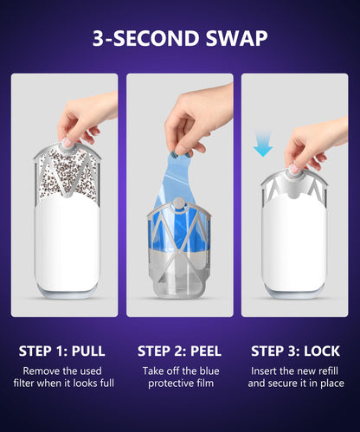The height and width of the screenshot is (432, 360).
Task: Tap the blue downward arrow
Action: (x=263, y=144)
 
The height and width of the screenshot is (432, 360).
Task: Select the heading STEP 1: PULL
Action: (x=61, y=351)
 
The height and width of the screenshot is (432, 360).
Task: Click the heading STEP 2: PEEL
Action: (x=179, y=351)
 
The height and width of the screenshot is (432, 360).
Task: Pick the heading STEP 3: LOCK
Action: (x=295, y=351)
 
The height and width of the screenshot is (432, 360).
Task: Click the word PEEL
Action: (x=206, y=351)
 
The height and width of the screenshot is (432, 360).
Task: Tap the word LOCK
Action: (x=322, y=351)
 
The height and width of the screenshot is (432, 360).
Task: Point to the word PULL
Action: (x=88, y=351)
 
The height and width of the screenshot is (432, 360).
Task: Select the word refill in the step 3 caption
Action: (x=327, y=371)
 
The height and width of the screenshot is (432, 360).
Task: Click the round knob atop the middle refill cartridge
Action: (x=179, y=203)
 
